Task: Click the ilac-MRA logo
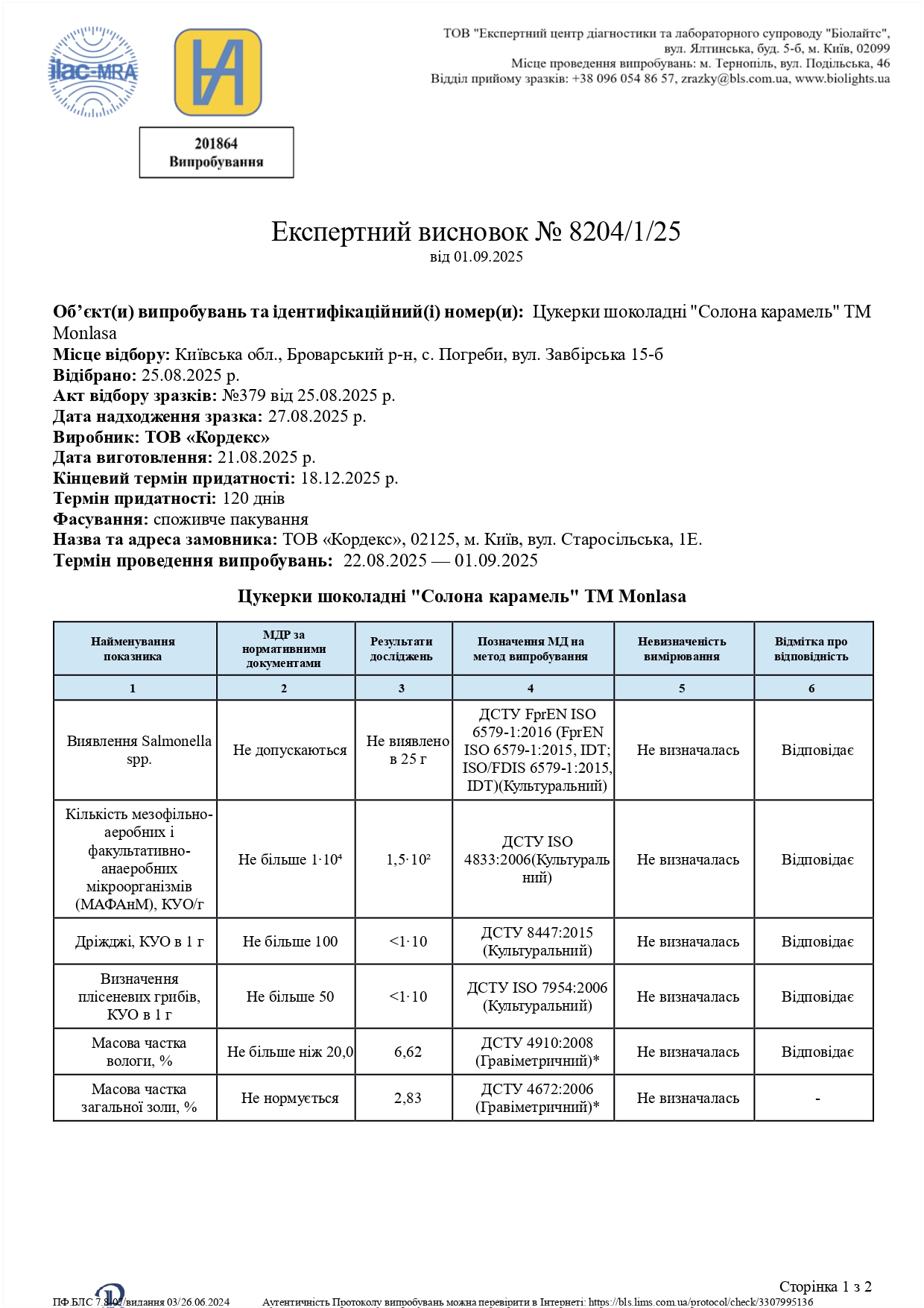93,72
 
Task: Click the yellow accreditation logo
218,72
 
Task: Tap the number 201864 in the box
216,144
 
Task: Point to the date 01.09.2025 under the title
488,257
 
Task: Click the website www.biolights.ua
842,78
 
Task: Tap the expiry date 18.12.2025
349,478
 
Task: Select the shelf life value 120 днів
253,498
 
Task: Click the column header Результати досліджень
402,648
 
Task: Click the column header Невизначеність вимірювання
682,648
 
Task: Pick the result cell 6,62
408,1052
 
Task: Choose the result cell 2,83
408,1098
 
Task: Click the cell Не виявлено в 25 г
408,750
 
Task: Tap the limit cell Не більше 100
290,941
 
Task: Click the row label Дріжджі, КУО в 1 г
139,941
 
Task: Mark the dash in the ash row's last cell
817,1099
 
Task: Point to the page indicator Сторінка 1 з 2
825,1286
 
